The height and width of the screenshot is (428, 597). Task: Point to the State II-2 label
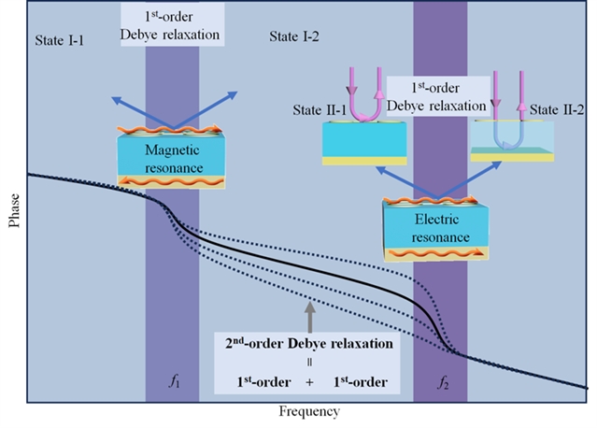558,111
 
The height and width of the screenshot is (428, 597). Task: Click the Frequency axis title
309,411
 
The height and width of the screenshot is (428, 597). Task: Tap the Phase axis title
12,210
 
